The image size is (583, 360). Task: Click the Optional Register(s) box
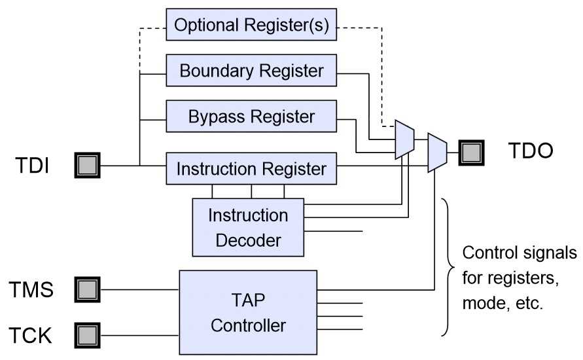pos(251,26)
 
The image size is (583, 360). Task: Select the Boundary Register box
pos(251,71)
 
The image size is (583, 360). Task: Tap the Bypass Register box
pos(251,117)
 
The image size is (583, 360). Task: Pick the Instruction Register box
pos(251,169)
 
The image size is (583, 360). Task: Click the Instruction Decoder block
pos(248,227)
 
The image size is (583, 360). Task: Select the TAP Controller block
pos(248,312)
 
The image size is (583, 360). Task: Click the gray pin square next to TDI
pos(87,165)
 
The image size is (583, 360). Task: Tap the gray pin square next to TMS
pos(87,289)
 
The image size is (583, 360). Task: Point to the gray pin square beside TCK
pos(87,335)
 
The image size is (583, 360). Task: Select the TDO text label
pos(531,152)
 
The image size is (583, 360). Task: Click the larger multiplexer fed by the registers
pos(404,139)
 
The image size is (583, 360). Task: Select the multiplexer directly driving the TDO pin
pos(436,153)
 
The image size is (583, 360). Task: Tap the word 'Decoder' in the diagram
pos(248,240)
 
